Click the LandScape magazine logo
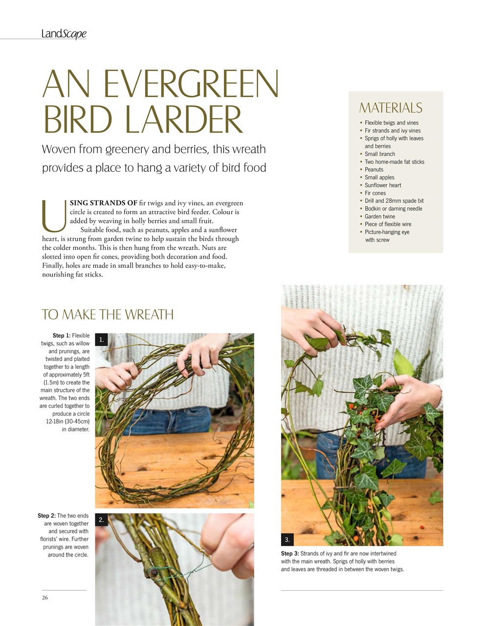64,34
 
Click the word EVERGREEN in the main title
191,84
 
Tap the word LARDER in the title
184,119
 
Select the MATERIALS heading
391,108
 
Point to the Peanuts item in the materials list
374,169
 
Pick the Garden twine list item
379,216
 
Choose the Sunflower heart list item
383,185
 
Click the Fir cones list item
375,193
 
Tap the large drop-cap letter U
54,216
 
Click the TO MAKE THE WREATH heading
108,314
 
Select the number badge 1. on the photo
101,339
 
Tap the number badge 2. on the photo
101,520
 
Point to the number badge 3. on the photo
287,539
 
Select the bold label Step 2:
46,515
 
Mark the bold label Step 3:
290,554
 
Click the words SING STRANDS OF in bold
104,203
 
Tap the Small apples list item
379,177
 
